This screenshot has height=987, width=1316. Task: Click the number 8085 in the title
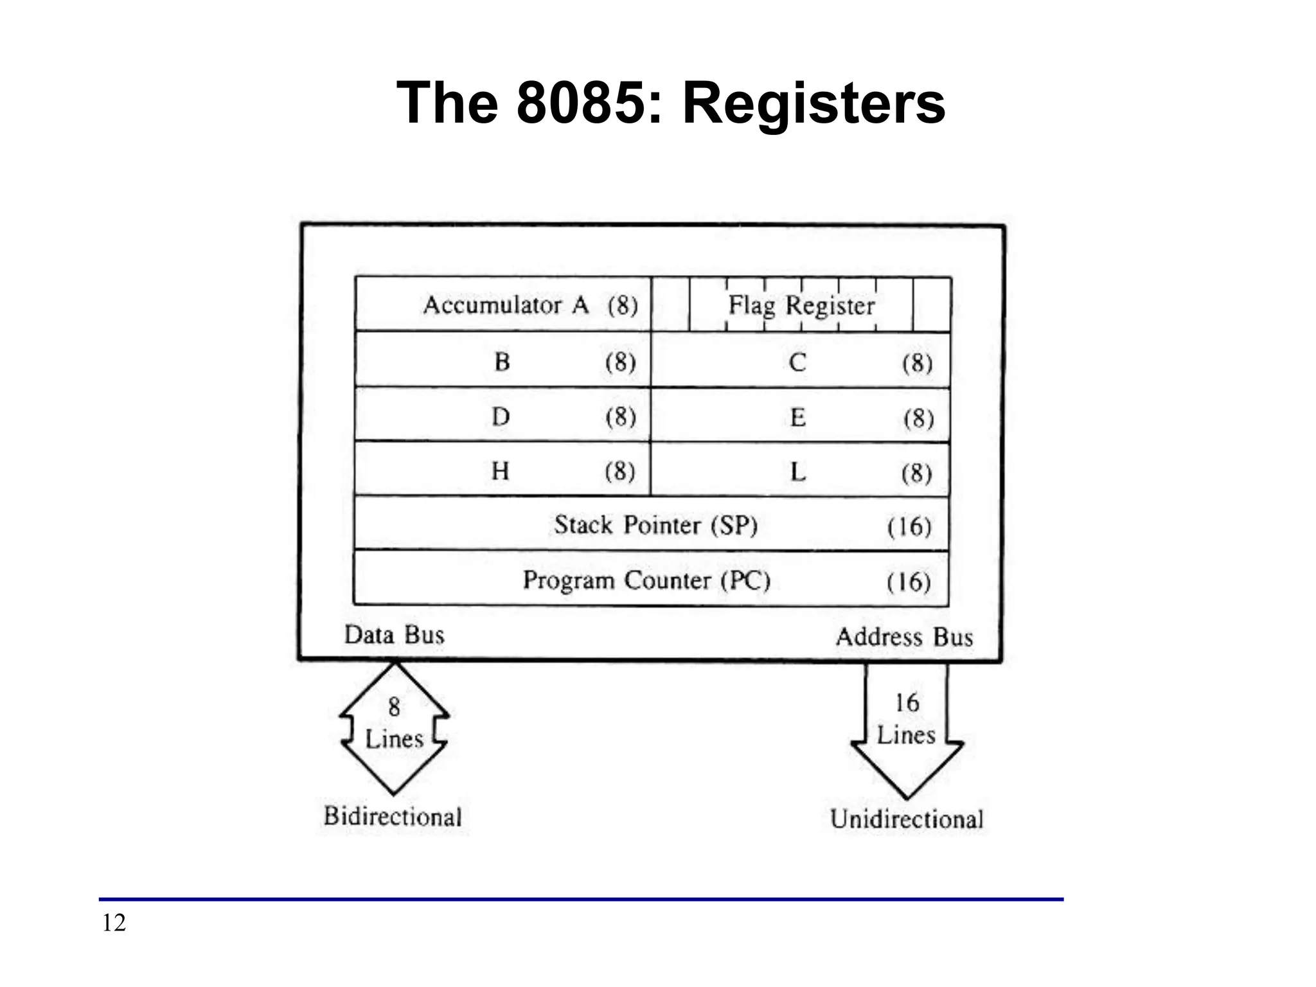(x=580, y=103)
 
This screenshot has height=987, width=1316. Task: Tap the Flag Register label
(x=801, y=305)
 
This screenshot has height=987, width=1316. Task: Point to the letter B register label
(x=502, y=362)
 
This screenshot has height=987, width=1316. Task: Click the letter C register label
(x=797, y=363)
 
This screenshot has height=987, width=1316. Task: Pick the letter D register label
(x=501, y=417)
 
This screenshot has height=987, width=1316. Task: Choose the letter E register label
(x=797, y=418)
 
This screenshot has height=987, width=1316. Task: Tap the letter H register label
(x=500, y=472)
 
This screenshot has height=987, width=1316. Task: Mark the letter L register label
(x=797, y=473)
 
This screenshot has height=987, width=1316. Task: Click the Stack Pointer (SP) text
(x=656, y=526)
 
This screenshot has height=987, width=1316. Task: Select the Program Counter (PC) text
(x=646, y=580)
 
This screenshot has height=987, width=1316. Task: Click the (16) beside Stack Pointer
(x=909, y=527)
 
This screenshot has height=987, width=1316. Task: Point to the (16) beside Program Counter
(x=909, y=582)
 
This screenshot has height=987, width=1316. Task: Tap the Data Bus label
(x=394, y=635)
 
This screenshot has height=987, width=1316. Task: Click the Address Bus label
(x=904, y=637)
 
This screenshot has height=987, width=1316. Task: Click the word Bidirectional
(x=393, y=817)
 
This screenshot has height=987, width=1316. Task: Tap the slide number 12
(x=114, y=923)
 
